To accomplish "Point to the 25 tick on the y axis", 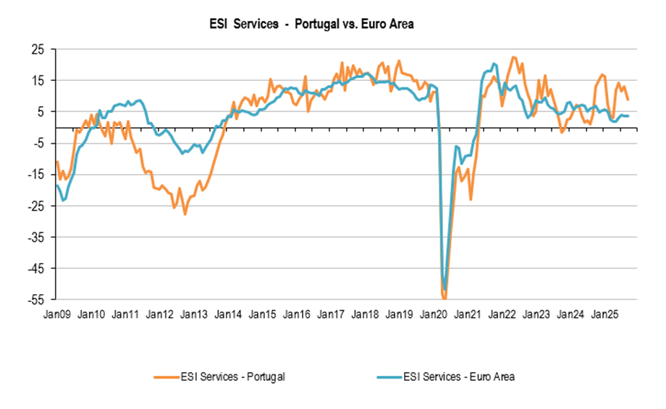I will point(38,49).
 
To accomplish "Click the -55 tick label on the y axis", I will point(35,299).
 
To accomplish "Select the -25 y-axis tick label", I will point(35,205).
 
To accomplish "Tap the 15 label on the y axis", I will point(38,80).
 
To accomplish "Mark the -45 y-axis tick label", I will point(35,268).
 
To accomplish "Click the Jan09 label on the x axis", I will point(57,315).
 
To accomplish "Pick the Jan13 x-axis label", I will point(194,315).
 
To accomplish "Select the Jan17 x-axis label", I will point(331,315).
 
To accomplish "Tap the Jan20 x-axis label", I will point(434,315).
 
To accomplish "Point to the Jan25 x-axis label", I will point(604,315).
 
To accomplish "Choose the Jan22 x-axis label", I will point(502,315).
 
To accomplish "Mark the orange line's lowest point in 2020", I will point(444,298).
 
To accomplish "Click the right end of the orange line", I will point(628,100).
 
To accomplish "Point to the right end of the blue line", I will point(628,116).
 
